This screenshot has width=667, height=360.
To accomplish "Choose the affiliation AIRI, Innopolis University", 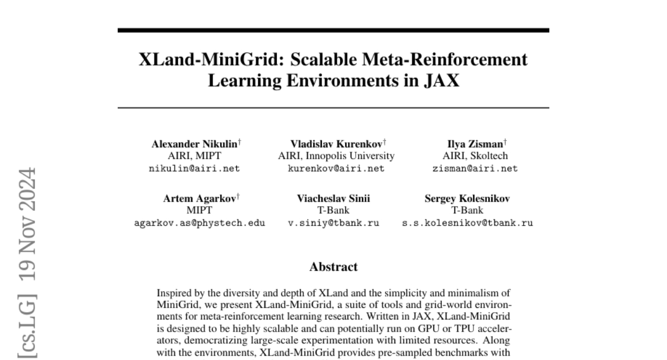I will click(x=336, y=156).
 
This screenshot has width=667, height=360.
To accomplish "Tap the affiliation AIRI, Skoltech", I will click(x=475, y=156).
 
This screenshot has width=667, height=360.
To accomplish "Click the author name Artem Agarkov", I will click(x=199, y=198).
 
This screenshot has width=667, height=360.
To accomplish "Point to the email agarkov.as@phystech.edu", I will click(x=200, y=223).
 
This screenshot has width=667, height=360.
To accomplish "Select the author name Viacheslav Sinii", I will click(x=333, y=198).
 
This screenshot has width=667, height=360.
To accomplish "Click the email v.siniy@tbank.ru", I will click(x=333, y=223).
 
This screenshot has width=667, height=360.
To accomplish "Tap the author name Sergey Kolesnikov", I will click(x=467, y=198).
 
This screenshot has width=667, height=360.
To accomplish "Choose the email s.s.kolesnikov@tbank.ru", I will click(x=467, y=223).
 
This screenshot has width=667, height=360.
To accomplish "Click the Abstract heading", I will click(x=333, y=267).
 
